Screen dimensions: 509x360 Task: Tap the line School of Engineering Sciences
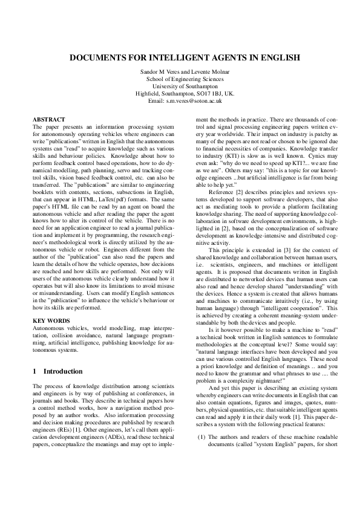click(180, 79)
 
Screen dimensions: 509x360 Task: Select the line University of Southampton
click(180, 87)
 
